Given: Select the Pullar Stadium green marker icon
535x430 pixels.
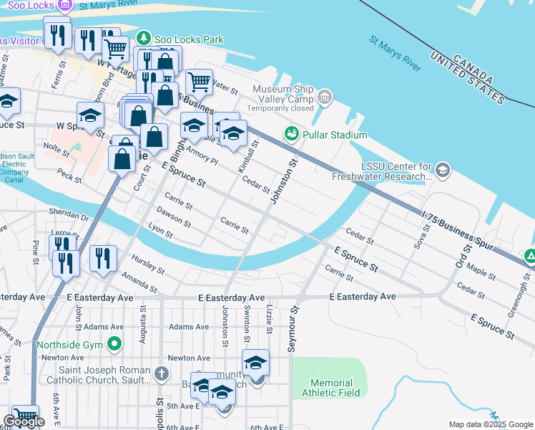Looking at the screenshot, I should click(x=290, y=134).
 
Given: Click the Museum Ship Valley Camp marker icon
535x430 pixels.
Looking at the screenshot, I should click(x=325, y=97).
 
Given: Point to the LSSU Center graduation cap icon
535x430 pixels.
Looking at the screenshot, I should click(x=443, y=170).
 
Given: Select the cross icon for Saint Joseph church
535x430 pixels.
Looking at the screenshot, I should click(x=162, y=373).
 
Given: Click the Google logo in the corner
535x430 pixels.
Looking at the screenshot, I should click(x=24, y=421).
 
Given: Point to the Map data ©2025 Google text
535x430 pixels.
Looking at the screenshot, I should click(x=490, y=424).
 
